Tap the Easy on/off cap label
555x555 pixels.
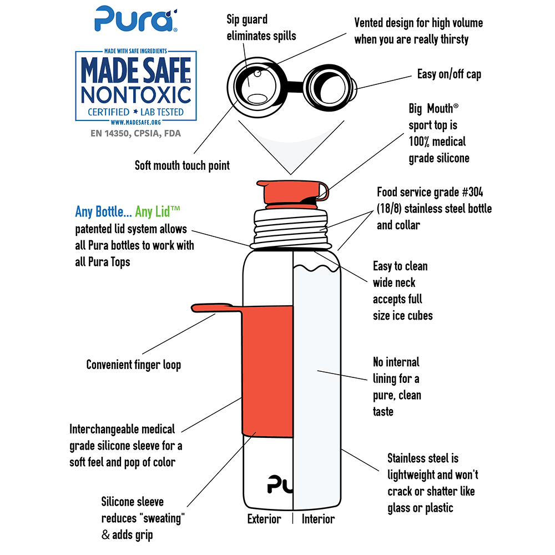pyautogui.click(x=449, y=74)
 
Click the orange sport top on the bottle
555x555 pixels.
pyautogui.click(x=289, y=192)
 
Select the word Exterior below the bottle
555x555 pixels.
pyautogui.click(x=264, y=519)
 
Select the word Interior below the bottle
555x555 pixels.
pyautogui.click(x=318, y=519)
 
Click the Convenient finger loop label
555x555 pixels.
pyautogui.click(x=133, y=365)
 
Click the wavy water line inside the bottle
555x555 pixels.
pyautogui.click(x=314, y=271)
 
